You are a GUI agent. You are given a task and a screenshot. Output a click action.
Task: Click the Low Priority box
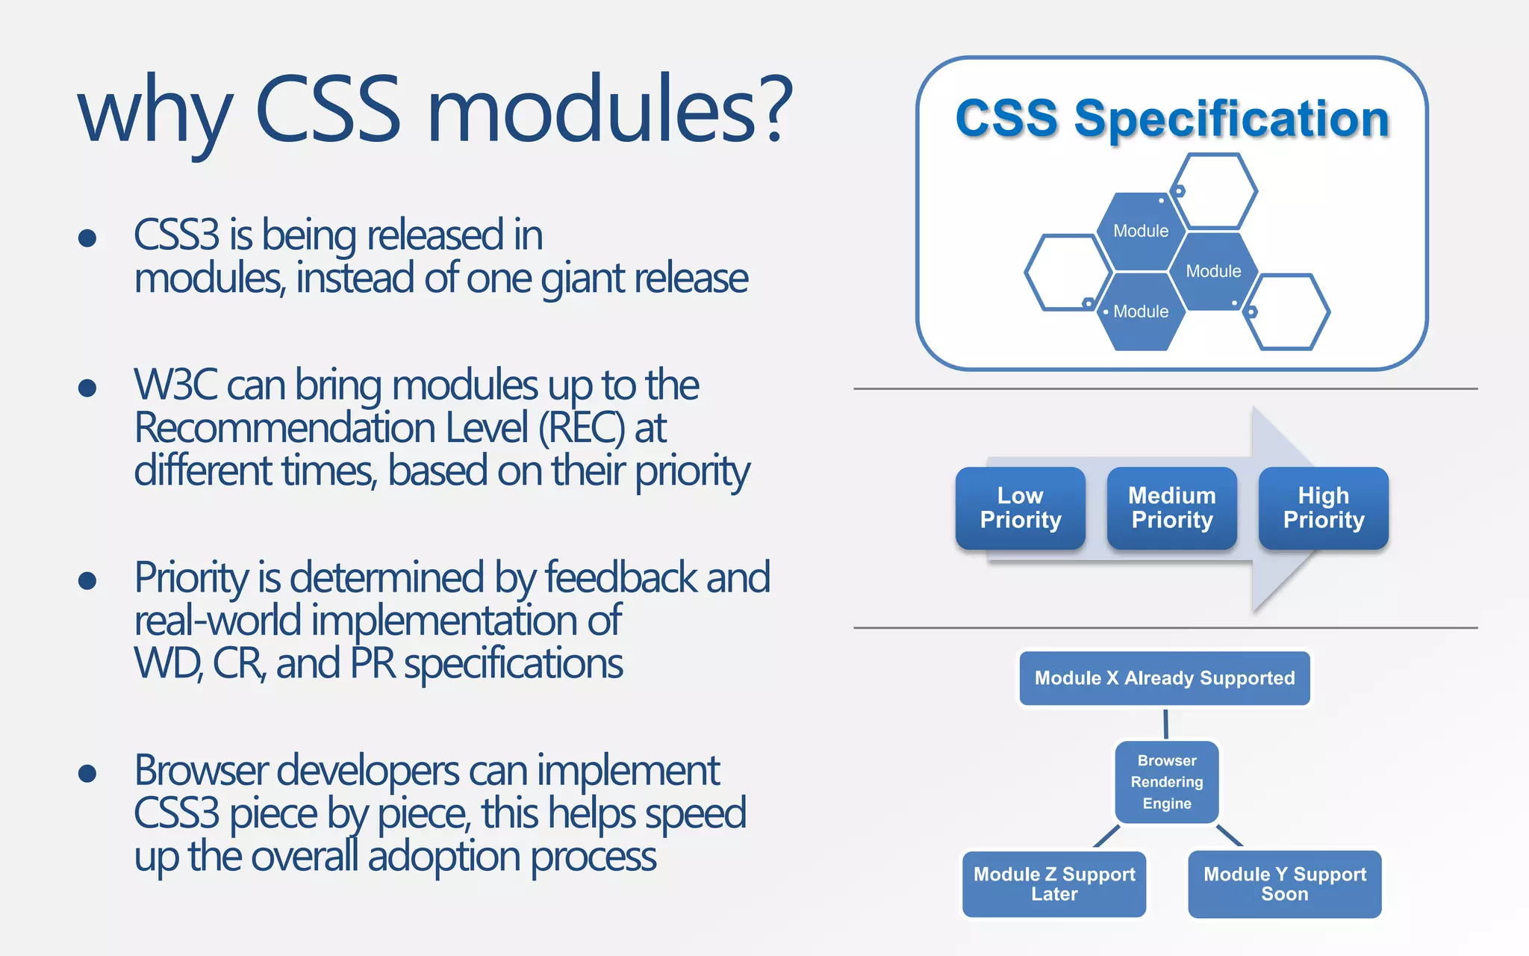[x=1020, y=508]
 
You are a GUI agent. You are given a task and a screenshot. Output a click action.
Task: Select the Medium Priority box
[x=1171, y=508]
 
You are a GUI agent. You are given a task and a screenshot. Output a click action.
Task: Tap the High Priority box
[x=1323, y=508]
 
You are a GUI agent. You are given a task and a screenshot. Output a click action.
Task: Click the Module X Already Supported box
[x=1164, y=678]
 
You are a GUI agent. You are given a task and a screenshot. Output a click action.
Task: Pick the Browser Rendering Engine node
[x=1166, y=782]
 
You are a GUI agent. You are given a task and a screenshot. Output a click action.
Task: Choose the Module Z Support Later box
[x=1053, y=884]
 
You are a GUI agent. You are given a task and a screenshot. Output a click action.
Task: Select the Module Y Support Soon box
[x=1284, y=884]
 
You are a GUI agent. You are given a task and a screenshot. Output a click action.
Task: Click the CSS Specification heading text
[x=1171, y=119]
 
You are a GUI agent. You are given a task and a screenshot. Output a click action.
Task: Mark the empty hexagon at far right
[x=1287, y=311]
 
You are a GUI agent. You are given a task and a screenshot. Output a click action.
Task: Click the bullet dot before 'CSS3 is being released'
[x=87, y=238]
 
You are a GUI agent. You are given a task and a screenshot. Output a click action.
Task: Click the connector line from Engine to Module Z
[x=1106, y=836]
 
